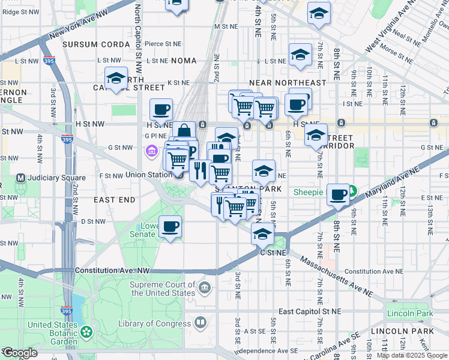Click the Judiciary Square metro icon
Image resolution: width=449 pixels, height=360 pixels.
pos(20,178)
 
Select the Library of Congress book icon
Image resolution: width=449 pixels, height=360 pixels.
pos(200,323)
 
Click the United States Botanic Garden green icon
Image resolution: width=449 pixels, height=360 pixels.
pos(87,331)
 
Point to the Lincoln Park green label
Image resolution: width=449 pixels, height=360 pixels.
pos(411,313)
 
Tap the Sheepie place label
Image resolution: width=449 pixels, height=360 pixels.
pos(309,193)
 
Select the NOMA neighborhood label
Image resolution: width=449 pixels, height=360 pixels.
pos(184,61)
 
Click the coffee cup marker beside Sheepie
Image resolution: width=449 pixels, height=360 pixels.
pos(339,194)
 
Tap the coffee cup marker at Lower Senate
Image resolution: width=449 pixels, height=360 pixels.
pos(170,227)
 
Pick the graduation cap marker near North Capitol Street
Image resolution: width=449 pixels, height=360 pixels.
pos(116,78)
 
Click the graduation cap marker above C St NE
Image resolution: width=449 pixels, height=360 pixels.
pos(262,234)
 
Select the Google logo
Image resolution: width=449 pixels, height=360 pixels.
pos(20,353)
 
